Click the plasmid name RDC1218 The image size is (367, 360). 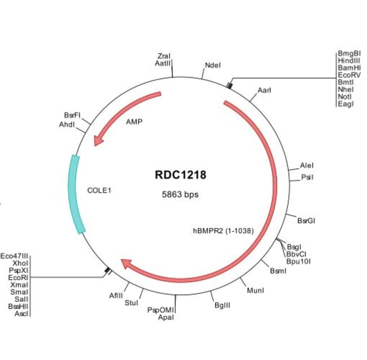(x=181, y=175)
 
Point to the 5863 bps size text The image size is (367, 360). (x=181, y=194)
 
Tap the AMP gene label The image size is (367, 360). (x=134, y=122)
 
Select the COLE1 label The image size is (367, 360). (x=99, y=190)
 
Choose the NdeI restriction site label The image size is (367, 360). (x=213, y=65)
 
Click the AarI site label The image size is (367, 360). (x=264, y=90)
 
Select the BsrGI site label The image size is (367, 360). (x=306, y=220)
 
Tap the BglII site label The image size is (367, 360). (x=222, y=305)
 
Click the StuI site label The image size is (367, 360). (x=131, y=303)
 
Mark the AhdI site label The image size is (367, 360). (x=67, y=124)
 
